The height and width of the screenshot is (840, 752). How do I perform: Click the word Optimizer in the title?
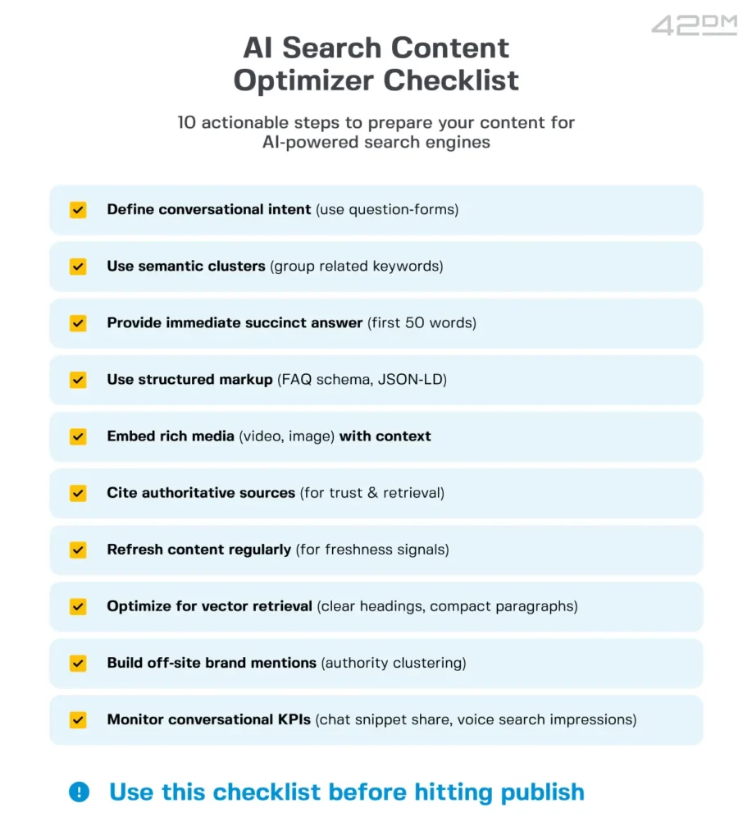coord(303,80)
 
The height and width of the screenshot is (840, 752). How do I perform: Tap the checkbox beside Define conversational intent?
coord(78,210)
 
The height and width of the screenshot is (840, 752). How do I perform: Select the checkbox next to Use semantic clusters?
coord(78,267)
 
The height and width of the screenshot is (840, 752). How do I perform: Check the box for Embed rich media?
coord(78,436)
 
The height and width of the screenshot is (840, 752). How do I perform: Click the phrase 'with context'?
coord(385,436)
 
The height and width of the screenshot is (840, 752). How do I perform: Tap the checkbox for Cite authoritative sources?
coord(78,493)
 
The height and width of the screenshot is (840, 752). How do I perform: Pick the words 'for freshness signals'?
coord(373,550)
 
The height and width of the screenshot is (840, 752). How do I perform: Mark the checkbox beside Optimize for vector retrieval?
coord(78,607)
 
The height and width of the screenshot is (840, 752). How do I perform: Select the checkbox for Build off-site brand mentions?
coord(78,663)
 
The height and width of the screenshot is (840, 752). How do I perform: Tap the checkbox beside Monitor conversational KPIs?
coord(78,720)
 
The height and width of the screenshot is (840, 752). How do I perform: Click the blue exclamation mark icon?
coord(79,792)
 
